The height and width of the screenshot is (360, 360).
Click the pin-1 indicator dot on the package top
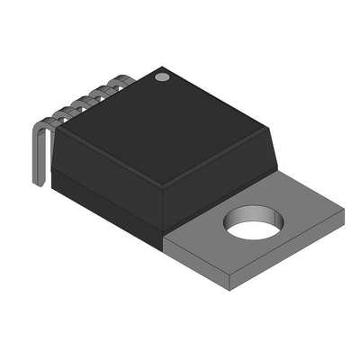162,77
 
